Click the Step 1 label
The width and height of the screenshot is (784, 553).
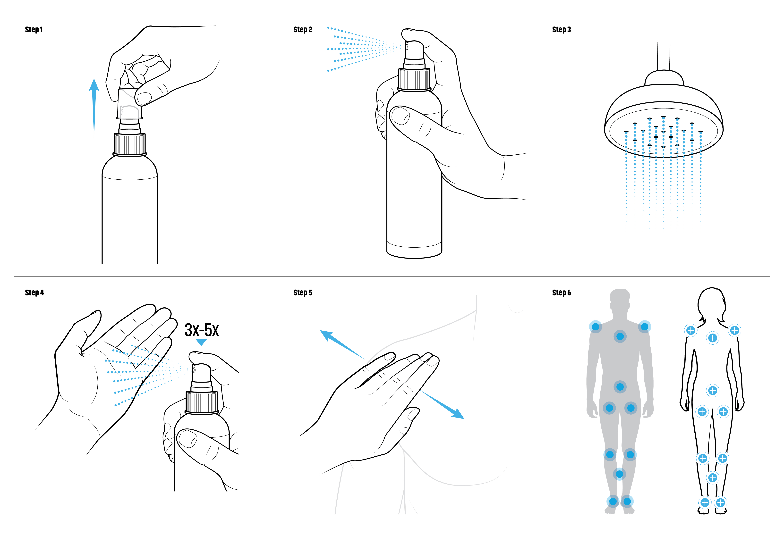click(34, 30)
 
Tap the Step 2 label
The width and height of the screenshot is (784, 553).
click(303, 30)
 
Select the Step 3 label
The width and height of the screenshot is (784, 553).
click(561, 30)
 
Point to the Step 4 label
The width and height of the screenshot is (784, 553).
click(34, 293)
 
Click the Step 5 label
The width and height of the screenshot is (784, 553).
click(303, 293)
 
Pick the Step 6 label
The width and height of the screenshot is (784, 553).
click(561, 293)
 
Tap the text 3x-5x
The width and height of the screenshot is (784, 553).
click(201, 330)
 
